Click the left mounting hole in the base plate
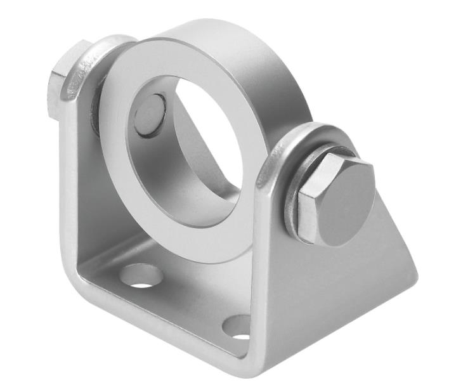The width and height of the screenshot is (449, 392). coord(141,275)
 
